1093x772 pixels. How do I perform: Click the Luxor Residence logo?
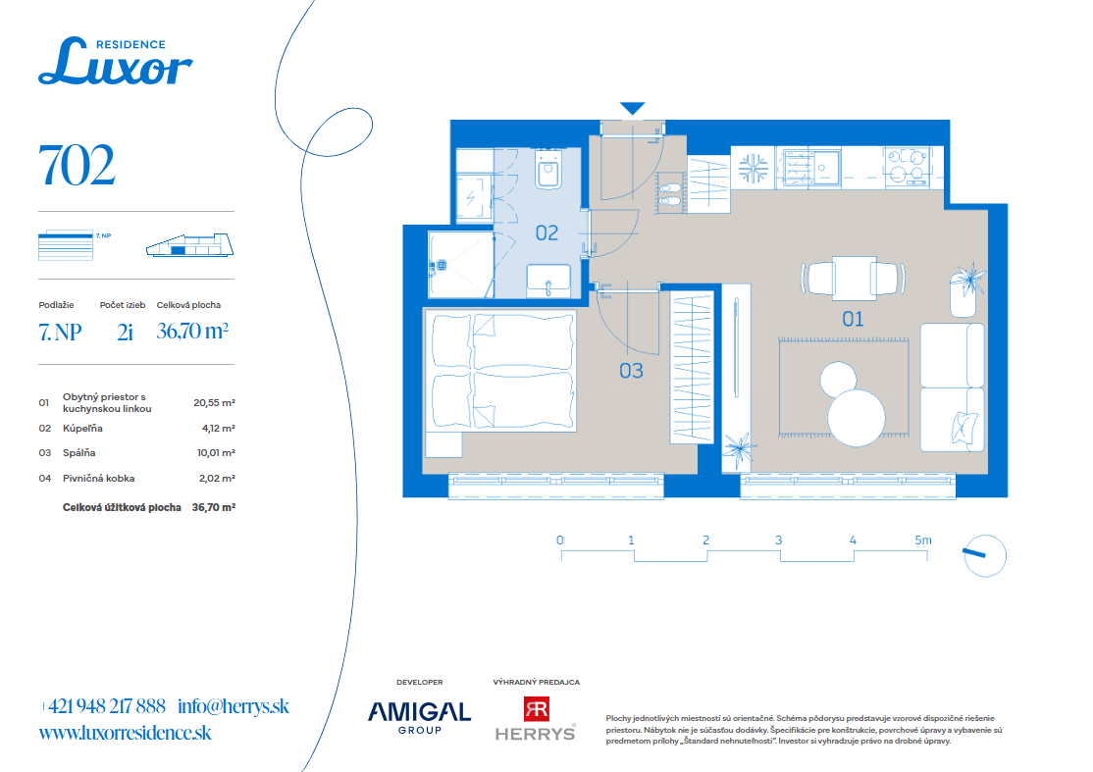[x=115, y=62]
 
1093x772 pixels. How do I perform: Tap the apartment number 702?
[x=77, y=166]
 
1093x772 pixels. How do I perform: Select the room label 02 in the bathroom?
[x=546, y=232]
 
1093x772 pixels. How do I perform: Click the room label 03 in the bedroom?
[x=631, y=371]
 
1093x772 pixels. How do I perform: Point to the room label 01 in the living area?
[x=853, y=319]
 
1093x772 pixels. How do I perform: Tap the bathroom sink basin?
[x=547, y=281]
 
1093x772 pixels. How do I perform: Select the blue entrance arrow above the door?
[x=632, y=108]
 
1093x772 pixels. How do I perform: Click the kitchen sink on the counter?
[x=808, y=167]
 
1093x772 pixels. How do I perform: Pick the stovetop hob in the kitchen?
[x=907, y=167]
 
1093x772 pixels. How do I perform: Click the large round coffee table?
[x=856, y=418]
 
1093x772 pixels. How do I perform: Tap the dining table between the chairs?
[x=854, y=278]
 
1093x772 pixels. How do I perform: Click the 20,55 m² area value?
[x=214, y=403]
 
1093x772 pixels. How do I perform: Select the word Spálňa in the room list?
[x=78, y=453]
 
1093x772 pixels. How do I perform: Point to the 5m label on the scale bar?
[x=923, y=540]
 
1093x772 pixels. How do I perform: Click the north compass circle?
[x=985, y=556]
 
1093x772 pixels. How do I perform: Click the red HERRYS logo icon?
[x=536, y=709]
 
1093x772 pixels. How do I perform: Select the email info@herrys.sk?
[x=233, y=706]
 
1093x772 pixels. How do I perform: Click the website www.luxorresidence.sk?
[x=125, y=733]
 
